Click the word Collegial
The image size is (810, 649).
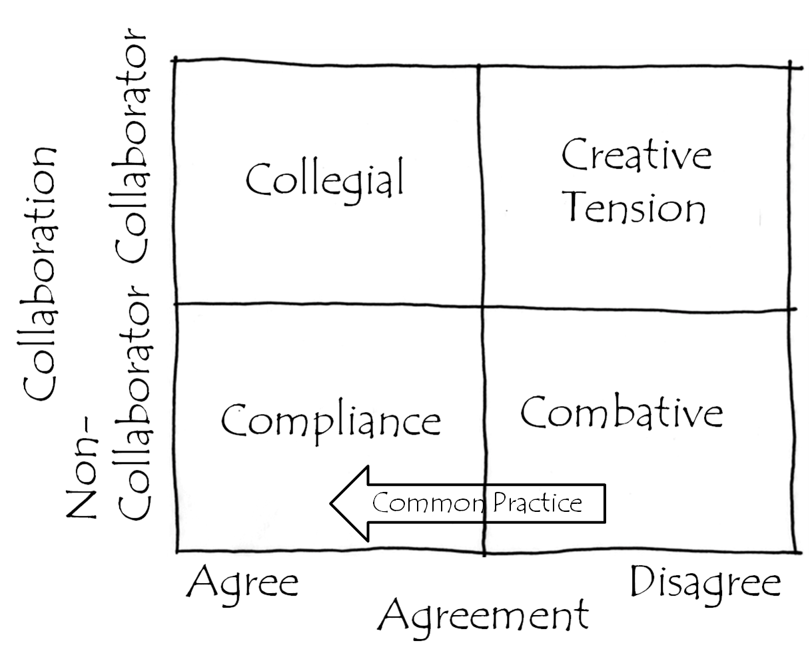325,180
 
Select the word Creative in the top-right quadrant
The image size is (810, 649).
637,156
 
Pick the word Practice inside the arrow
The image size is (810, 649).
538,503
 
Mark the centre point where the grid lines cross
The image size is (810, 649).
482,306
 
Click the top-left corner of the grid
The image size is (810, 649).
175,60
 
